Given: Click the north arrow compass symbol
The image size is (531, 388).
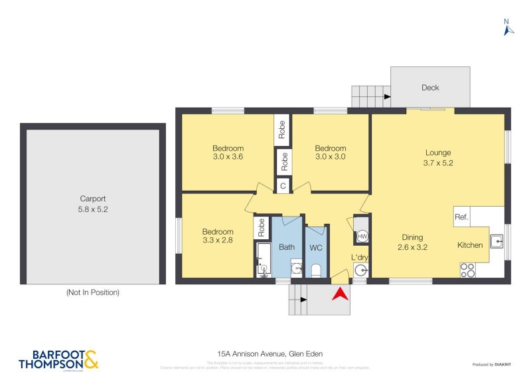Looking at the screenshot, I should point(508,27).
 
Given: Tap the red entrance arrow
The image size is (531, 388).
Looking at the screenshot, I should point(340,294).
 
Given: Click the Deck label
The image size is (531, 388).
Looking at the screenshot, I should point(430,88).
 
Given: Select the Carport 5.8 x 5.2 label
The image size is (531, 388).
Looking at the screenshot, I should point(93,203).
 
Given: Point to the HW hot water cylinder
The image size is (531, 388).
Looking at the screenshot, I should point(362,237).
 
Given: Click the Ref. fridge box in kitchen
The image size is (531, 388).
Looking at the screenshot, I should point(461,216).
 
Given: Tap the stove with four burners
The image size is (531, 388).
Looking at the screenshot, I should point(467,270).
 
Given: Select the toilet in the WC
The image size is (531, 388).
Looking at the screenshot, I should point(316,270).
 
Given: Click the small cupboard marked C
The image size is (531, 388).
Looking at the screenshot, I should point(283,186).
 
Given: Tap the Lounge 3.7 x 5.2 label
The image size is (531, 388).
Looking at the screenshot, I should point(438,157).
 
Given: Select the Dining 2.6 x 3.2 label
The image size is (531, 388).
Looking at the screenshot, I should point(412,242).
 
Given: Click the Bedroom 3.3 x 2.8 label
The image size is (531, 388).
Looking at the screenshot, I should point(218,236).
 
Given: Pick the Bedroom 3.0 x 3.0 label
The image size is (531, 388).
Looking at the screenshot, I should point(330,153).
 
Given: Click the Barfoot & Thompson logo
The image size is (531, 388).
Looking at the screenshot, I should point(58,359).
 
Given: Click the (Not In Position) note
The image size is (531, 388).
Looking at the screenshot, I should point(92,292).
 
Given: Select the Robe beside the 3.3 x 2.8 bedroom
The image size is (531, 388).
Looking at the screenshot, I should point(261,228).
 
